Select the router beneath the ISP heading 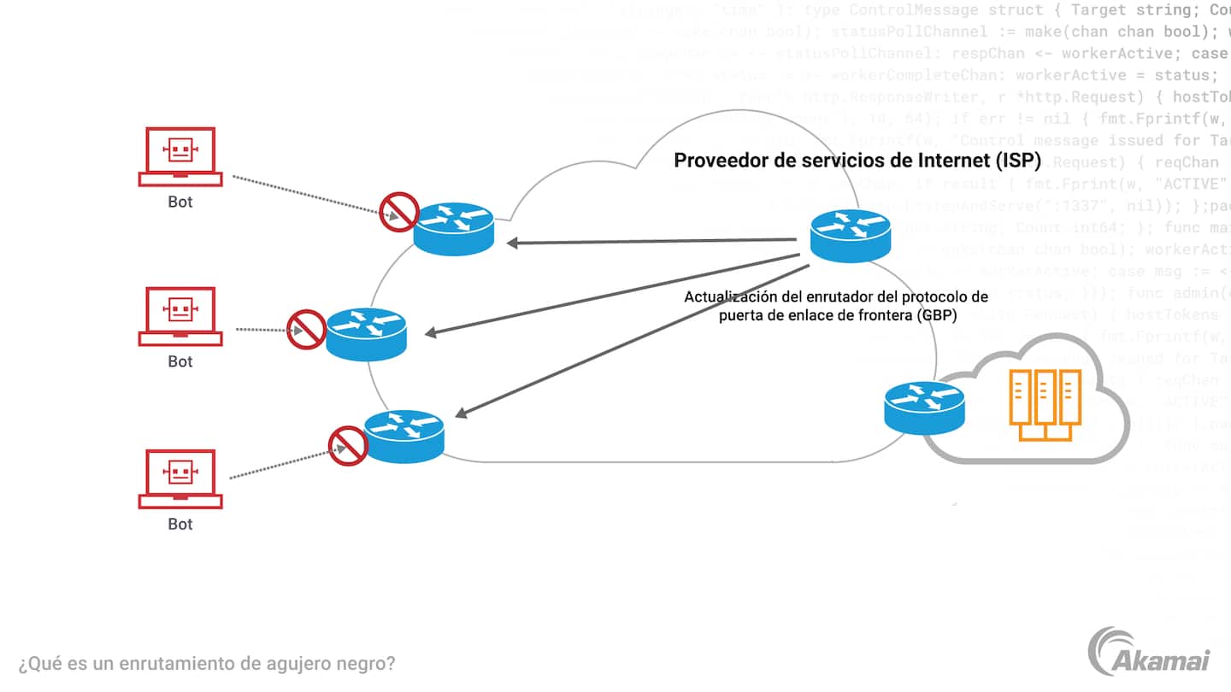(850, 235)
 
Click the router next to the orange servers (924, 407)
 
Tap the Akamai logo (1150, 653)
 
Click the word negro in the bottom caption (368, 663)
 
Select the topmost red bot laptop (180, 156)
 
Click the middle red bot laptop (180, 315)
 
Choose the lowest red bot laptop (180, 478)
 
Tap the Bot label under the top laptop (180, 202)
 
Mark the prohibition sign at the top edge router (398, 212)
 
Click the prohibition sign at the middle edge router (306, 329)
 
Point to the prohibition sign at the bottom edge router (348, 445)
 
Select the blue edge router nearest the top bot (454, 228)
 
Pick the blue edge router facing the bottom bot (403, 436)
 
